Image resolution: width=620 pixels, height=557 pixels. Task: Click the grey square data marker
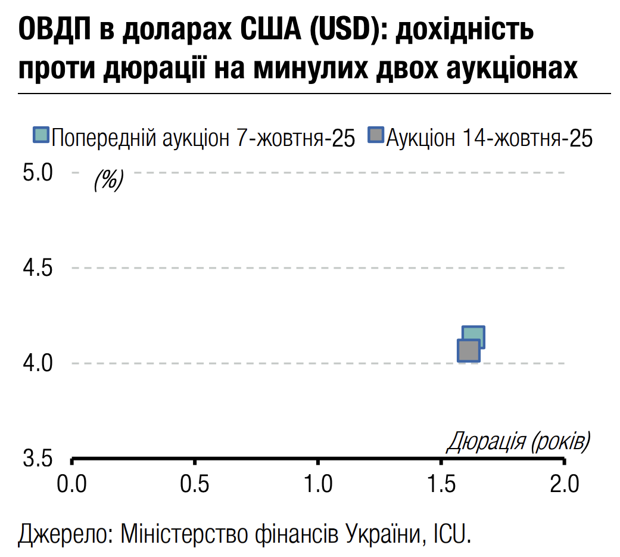click(468, 350)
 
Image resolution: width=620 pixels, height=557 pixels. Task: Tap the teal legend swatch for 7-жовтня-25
click(41, 135)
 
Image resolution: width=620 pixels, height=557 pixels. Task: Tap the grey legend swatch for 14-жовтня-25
click(376, 135)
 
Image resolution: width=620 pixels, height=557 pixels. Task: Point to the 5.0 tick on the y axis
click(38, 173)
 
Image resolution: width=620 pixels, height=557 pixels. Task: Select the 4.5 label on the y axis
click(38, 268)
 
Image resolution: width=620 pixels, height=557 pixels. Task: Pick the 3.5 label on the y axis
click(38, 459)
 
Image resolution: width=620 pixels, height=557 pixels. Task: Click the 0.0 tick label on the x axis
click(72, 484)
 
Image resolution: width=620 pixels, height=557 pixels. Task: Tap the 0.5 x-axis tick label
click(195, 484)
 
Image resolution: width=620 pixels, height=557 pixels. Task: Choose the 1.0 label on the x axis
click(319, 484)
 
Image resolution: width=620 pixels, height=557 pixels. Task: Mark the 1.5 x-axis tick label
click(441, 484)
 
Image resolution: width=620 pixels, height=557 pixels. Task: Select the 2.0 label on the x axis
click(565, 484)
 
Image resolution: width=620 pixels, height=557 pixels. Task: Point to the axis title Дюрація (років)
click(518, 442)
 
